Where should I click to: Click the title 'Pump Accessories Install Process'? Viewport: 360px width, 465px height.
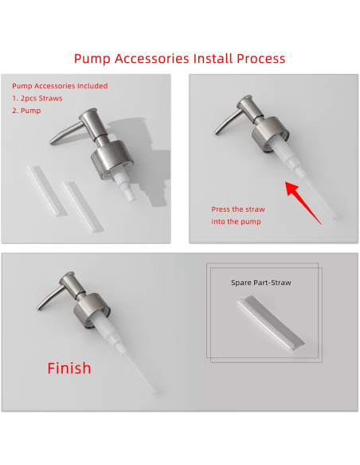[179, 59]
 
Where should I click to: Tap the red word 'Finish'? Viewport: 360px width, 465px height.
[69, 368]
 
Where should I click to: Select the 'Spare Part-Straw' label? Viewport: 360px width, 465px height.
[258, 282]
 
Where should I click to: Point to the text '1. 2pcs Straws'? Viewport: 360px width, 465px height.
[37, 99]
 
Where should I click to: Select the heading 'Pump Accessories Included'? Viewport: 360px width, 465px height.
[60, 86]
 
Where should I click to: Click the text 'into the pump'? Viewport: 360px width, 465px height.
[236, 221]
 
